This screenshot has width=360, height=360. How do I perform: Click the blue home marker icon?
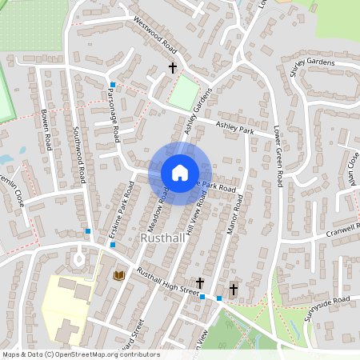[x=179, y=172]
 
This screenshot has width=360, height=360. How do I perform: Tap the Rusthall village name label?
[x=163, y=238]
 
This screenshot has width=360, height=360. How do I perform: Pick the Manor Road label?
[x=234, y=217]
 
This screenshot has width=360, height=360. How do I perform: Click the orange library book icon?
[x=120, y=275]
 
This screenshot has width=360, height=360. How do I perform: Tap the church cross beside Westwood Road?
[x=172, y=69]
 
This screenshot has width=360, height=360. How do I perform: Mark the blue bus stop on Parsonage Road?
[x=113, y=85]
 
